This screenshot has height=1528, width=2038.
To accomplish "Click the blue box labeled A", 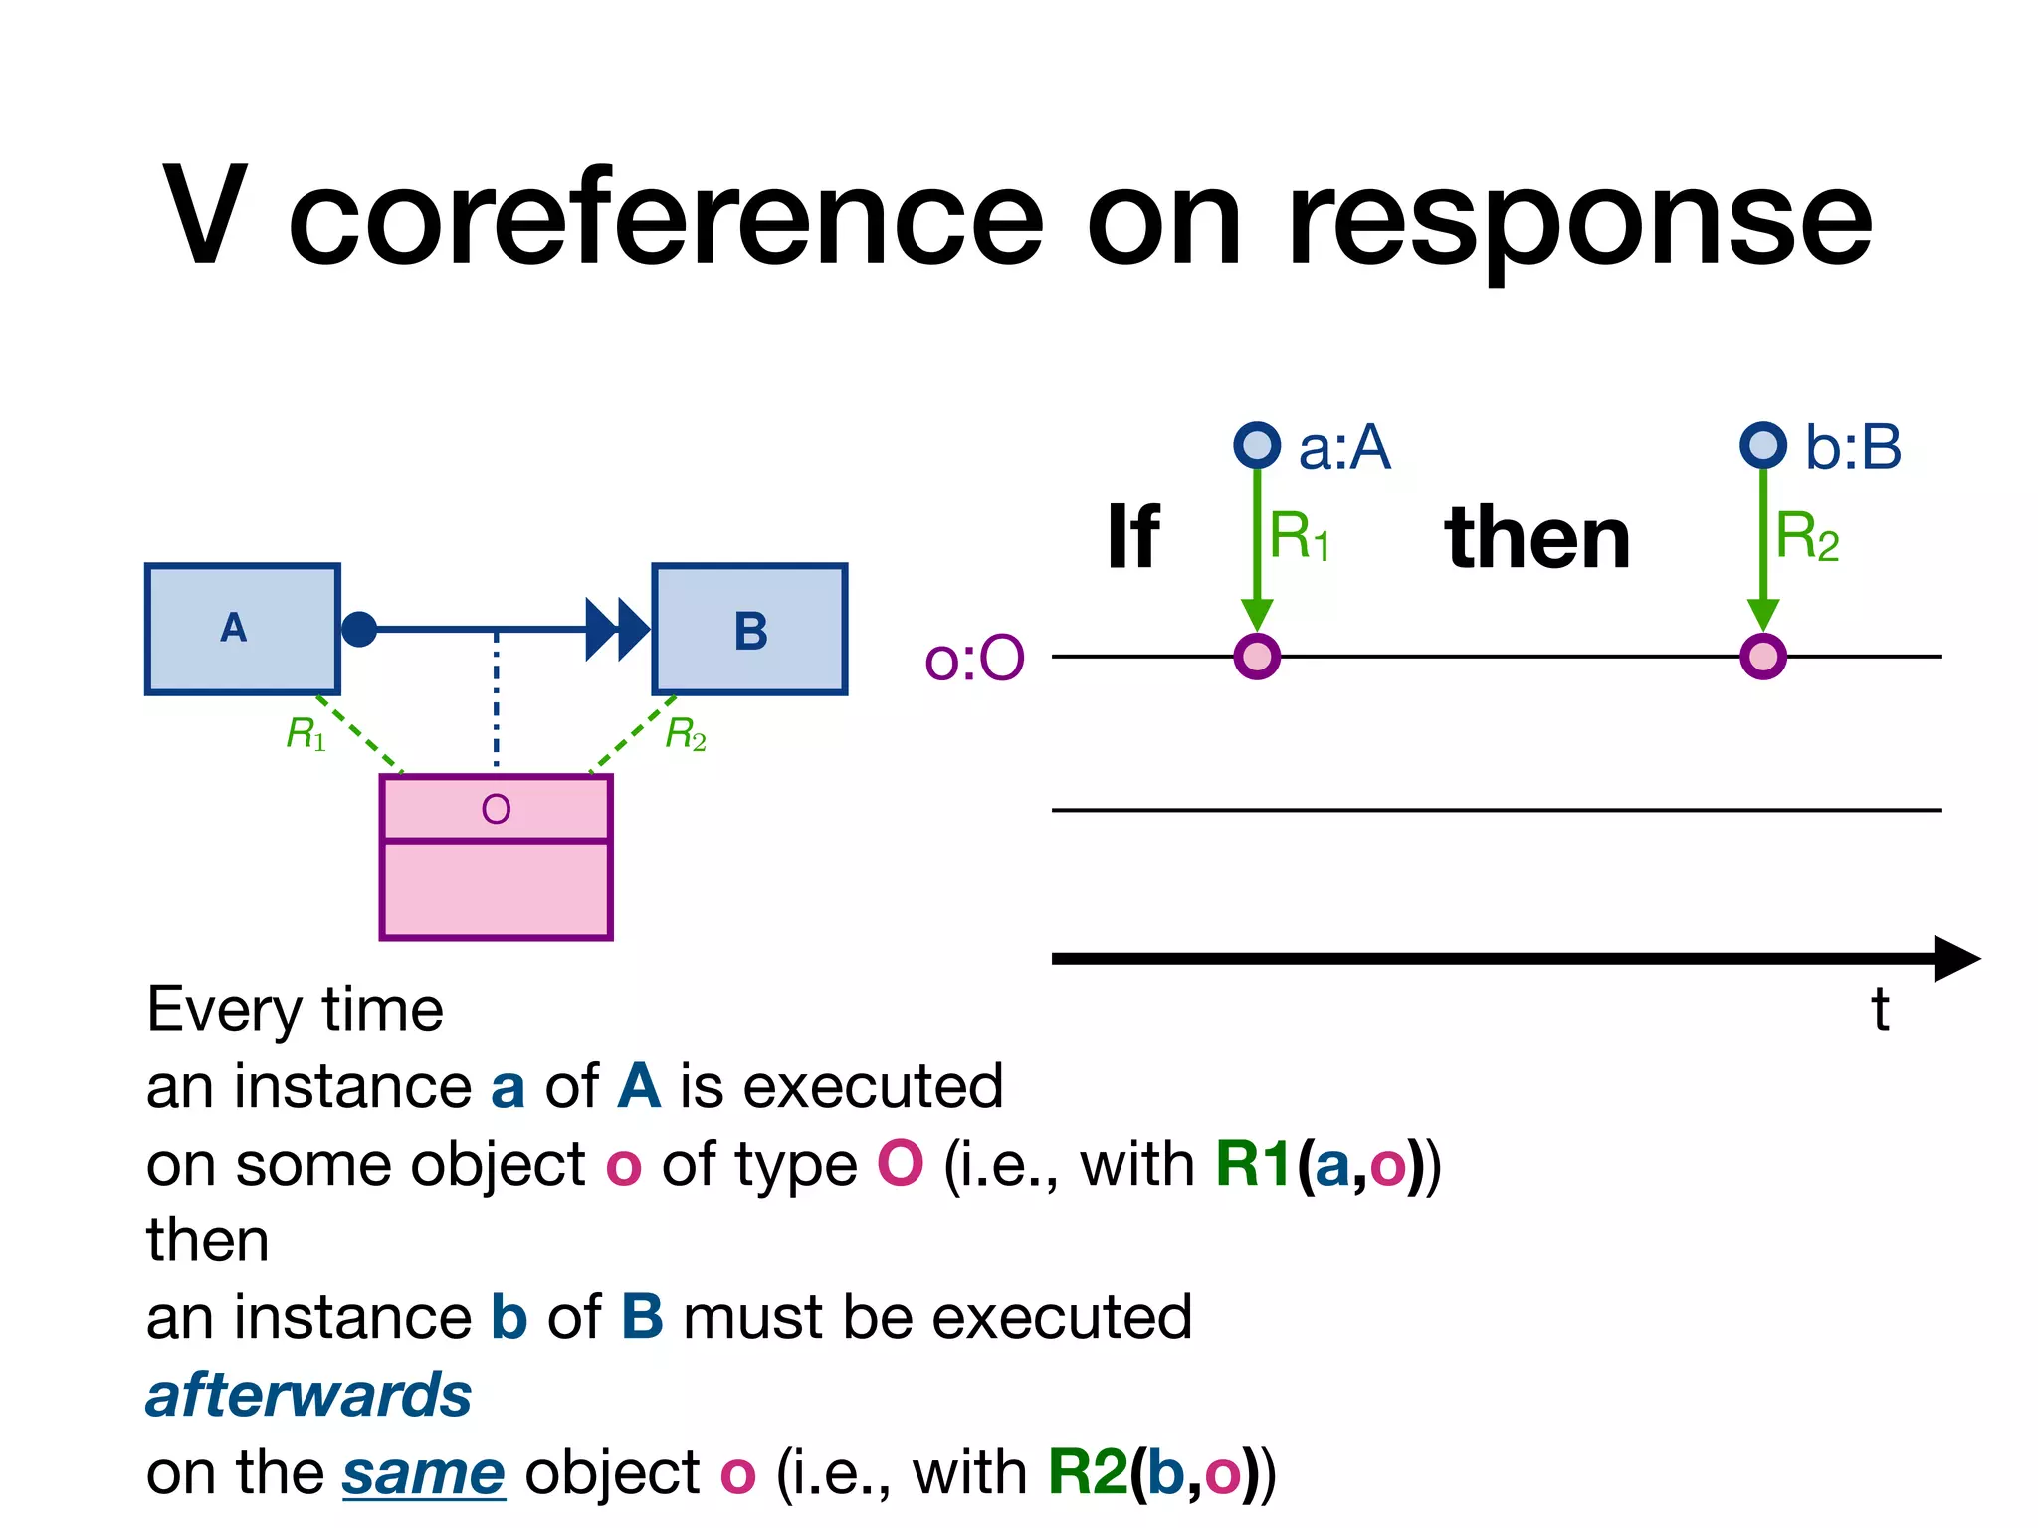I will click(242, 629).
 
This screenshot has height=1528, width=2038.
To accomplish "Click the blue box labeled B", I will click(749, 629).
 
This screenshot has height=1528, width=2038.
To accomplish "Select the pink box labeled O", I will click(496, 858).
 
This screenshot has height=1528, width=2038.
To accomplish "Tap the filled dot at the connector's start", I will click(359, 629).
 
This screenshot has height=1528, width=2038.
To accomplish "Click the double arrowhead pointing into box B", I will click(617, 629).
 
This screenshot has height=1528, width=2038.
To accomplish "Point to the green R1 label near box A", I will click(306, 734).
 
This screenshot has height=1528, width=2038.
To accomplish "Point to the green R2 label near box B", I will click(686, 734).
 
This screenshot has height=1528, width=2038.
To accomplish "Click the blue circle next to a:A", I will click(1257, 445).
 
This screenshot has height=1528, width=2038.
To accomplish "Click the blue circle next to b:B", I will click(1763, 445).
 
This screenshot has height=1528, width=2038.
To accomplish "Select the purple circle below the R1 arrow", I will click(1257, 657).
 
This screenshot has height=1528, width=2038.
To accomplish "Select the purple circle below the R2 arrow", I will click(1763, 657).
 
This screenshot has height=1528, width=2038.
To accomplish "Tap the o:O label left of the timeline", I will click(973, 659).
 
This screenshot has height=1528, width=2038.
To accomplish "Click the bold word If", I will click(1132, 538).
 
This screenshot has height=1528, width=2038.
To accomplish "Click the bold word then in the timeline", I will click(1537, 538).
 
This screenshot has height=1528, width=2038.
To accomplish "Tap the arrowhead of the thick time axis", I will click(1955, 958).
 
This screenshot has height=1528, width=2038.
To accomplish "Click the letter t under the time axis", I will click(1879, 1010).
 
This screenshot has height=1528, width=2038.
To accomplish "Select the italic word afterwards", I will click(308, 1395).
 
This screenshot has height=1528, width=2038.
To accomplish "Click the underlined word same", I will click(424, 1473).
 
